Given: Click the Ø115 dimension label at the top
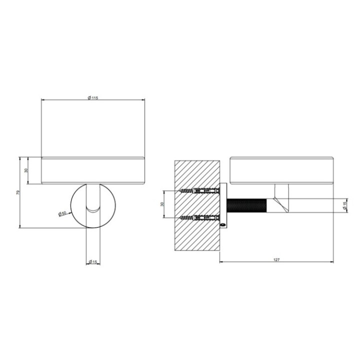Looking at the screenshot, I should (x=92, y=97).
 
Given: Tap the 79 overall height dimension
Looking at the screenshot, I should (x=18, y=193).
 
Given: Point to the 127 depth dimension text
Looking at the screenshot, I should (x=277, y=259).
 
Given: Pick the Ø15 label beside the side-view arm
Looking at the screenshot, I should (x=345, y=205).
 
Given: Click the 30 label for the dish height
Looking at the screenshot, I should (x=26, y=170).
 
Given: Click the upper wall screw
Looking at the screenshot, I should (x=197, y=191).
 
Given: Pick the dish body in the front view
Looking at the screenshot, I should (x=92, y=170).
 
